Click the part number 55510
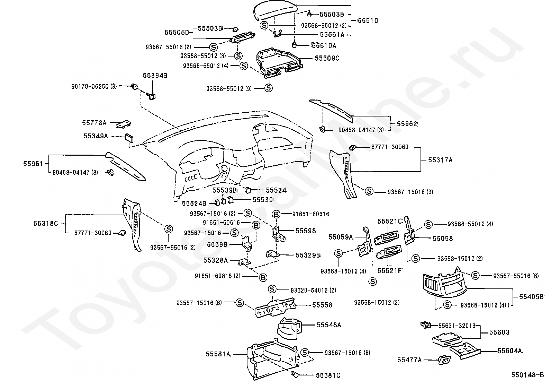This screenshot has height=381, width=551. tap(368, 20)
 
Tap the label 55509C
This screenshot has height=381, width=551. tap(327, 58)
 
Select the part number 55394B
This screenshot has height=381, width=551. tap(155, 76)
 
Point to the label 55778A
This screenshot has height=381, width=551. tap(94, 123)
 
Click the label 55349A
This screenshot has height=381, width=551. tap(96, 136)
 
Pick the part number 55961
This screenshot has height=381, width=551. tap(33, 164)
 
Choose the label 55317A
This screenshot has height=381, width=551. tap(440, 160)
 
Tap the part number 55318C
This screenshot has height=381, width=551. tap(46, 224)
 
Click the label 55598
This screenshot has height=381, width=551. tap(306, 231)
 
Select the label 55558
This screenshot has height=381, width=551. tap(322, 305)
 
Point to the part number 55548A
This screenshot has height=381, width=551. tap(329, 325)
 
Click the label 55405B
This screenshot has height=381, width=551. tap(531, 297)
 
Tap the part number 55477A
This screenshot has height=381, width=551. tap(409, 360)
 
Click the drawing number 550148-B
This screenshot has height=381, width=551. tap(527, 375)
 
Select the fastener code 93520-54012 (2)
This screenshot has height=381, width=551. tap(313, 290)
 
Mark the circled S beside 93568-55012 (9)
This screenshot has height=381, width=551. tap(269, 88)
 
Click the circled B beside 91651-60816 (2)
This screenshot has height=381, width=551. tap(263, 278)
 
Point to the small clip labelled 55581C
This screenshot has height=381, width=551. tap(294, 375)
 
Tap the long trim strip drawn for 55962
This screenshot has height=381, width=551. tap(331, 110)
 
